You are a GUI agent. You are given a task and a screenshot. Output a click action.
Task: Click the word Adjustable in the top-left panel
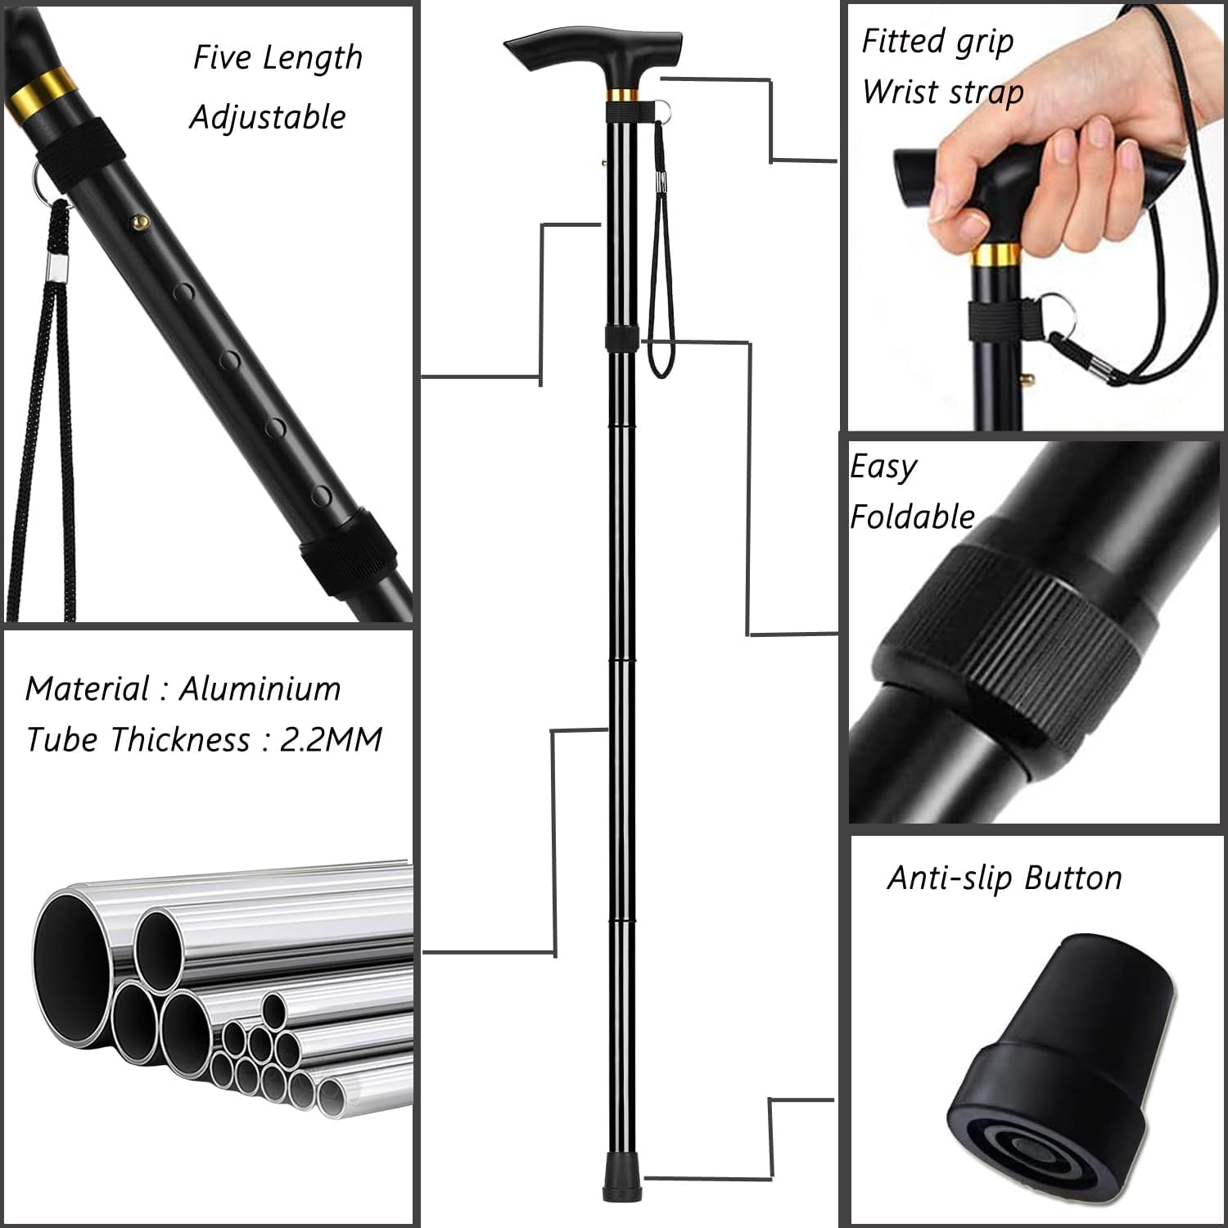click(x=268, y=117)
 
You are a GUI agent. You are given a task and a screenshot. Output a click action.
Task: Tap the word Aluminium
click(x=260, y=688)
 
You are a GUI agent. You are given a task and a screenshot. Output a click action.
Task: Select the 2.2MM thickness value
click(x=331, y=739)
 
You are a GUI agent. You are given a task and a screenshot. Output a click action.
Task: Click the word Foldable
click(x=912, y=517)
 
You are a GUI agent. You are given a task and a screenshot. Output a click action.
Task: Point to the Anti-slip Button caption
click(x=1005, y=878)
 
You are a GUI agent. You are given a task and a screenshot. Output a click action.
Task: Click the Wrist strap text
click(x=942, y=92)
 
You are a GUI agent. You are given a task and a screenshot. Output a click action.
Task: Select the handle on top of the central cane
click(x=594, y=51)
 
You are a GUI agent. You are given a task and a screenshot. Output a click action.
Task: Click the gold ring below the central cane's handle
click(x=622, y=93)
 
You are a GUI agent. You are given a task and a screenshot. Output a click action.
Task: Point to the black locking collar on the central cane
click(x=621, y=337)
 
